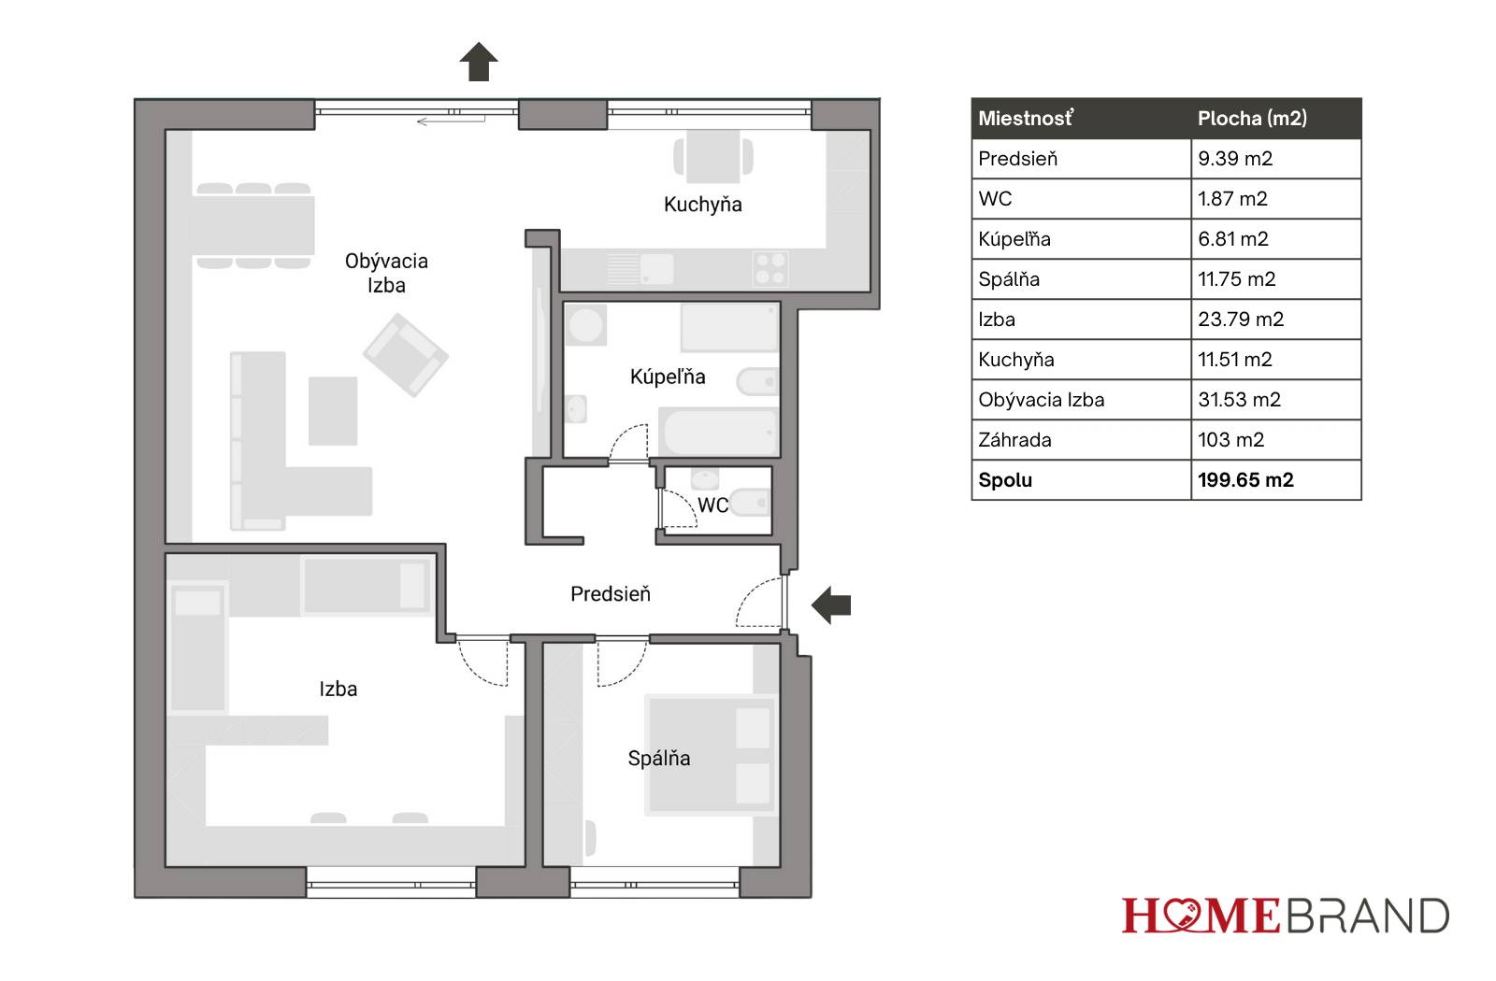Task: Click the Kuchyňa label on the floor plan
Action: pyautogui.click(x=702, y=205)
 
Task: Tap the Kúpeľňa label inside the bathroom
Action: pyautogui.click(x=668, y=377)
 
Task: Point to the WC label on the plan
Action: pyautogui.click(x=712, y=505)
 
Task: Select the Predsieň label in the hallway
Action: pyautogui.click(x=611, y=594)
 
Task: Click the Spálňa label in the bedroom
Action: pyautogui.click(x=659, y=758)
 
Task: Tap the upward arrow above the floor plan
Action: pyautogui.click(x=479, y=62)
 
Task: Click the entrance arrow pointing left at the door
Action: pyautogui.click(x=831, y=605)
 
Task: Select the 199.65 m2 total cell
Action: pyautogui.click(x=1245, y=480)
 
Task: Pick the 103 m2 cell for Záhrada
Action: pyautogui.click(x=1230, y=440)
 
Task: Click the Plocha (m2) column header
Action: pyautogui.click(x=1252, y=118)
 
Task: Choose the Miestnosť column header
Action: pyautogui.click(x=1026, y=118)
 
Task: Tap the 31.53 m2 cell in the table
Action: pyautogui.click(x=1240, y=400)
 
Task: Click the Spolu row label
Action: pyautogui.click(x=1005, y=480)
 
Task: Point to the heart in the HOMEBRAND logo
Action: pyautogui.click(x=1181, y=915)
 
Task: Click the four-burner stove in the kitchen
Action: pyautogui.click(x=770, y=268)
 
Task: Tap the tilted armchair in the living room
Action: pyautogui.click(x=406, y=355)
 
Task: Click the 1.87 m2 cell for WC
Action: pyautogui.click(x=1232, y=199)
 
